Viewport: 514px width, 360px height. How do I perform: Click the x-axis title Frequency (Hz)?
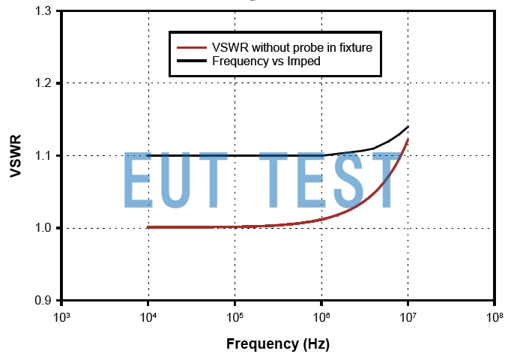[x=277, y=344]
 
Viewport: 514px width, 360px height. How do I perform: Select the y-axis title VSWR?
[x=16, y=155]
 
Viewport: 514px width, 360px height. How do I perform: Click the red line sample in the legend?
[x=190, y=47]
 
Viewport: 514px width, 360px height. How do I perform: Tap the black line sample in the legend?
[x=190, y=61]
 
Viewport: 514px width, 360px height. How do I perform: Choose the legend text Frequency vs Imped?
[x=267, y=61]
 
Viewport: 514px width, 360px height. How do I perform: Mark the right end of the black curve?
[x=408, y=127]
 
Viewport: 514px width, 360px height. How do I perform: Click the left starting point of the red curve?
[x=148, y=226]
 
